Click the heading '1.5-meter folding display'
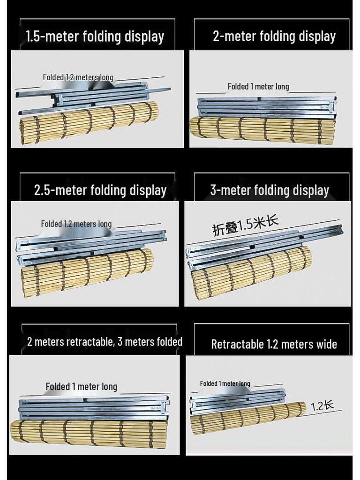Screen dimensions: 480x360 [95, 37]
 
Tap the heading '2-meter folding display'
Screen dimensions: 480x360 [274, 36]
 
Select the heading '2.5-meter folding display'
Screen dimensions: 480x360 [100, 190]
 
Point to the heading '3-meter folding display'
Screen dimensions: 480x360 [270, 190]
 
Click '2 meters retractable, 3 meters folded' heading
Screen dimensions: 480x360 [105, 342]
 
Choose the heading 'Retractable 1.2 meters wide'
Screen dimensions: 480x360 [274, 344]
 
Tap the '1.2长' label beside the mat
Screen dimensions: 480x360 [322, 405]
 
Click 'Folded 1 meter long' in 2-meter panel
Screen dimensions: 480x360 [258, 86]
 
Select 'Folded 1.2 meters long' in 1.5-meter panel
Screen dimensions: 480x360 [78, 77]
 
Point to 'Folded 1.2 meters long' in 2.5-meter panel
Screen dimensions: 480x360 [76, 224]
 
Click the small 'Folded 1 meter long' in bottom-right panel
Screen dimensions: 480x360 [225, 383]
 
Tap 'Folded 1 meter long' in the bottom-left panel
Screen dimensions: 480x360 [81, 387]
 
